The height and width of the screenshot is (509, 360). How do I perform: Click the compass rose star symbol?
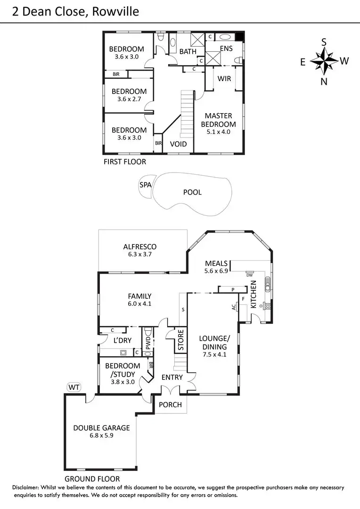coord(324,61)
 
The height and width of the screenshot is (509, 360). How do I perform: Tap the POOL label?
coord(193,192)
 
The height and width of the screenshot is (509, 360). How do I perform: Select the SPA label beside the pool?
coord(146,185)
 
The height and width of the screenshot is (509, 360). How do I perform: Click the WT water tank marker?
coord(74,387)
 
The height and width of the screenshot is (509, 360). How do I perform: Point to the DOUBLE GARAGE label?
coord(102,428)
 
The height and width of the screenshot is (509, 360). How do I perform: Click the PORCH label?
coord(171,405)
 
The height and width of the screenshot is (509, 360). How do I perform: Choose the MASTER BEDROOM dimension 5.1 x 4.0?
coord(219,132)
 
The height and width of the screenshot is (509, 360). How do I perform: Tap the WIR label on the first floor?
coord(224,79)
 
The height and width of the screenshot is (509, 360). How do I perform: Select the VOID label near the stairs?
coord(179,144)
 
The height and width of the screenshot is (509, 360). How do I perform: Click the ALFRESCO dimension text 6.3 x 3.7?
coord(140,254)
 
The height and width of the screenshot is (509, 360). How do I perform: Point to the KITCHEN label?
coord(254,294)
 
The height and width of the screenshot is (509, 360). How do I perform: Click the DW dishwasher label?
coord(250,275)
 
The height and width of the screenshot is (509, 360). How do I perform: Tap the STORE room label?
coord(181,340)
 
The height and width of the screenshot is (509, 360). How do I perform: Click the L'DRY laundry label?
coord(123,340)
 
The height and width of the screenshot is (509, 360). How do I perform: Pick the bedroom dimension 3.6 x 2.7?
coord(129,99)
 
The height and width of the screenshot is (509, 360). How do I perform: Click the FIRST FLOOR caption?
coord(125,162)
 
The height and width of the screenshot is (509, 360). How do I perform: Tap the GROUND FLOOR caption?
coord(92,479)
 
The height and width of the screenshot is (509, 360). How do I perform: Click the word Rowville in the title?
coord(115,12)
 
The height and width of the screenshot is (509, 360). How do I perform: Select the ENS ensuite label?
coord(226,49)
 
